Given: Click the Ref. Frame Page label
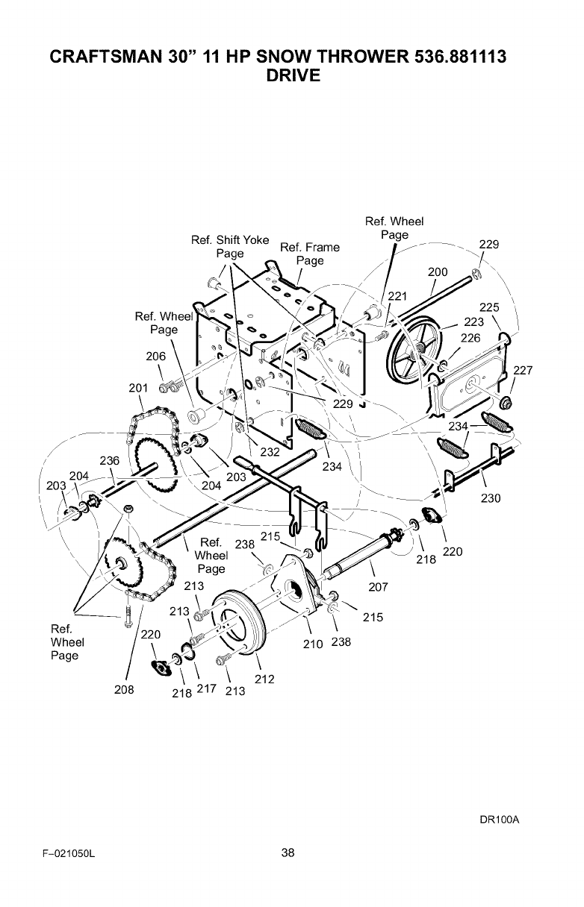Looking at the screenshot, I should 309,254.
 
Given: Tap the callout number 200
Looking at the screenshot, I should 438,272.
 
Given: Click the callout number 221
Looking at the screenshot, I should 398,296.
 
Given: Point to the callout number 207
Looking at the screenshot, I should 379,587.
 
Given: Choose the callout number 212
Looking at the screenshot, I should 264,679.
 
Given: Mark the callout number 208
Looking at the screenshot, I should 124,690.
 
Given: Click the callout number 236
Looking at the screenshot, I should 110,461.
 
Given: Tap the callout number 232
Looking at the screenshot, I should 269,451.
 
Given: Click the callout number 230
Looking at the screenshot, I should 491,498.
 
